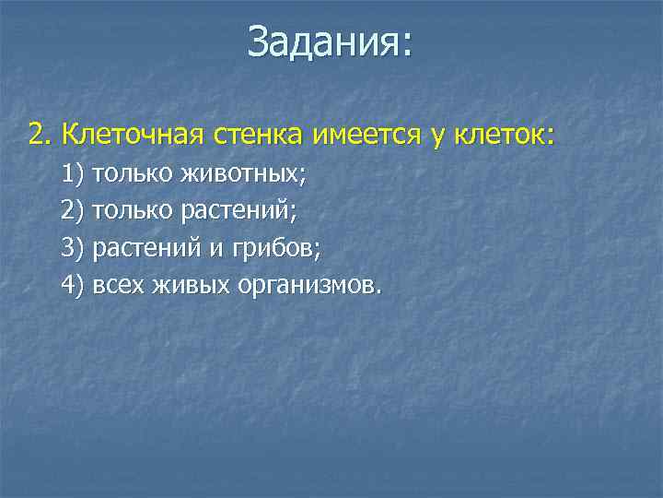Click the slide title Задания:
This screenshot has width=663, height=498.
tap(331, 43)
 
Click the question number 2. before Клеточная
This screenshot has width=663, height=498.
tap(41, 136)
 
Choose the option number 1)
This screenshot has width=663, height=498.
tap(72, 173)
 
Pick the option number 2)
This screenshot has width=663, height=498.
tap(72, 210)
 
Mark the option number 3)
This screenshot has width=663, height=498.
tap(72, 248)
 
